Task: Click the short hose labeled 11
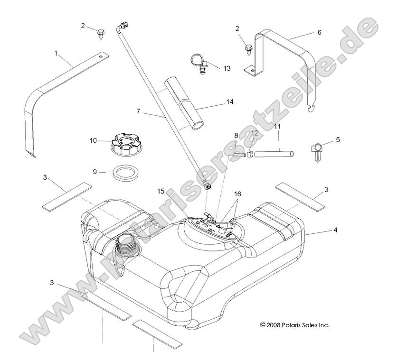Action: (x=274, y=154)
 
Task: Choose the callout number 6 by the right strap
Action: (x=319, y=32)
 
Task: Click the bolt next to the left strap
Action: (x=100, y=33)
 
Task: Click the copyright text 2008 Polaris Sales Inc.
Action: (x=294, y=325)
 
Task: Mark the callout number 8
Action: (x=236, y=136)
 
